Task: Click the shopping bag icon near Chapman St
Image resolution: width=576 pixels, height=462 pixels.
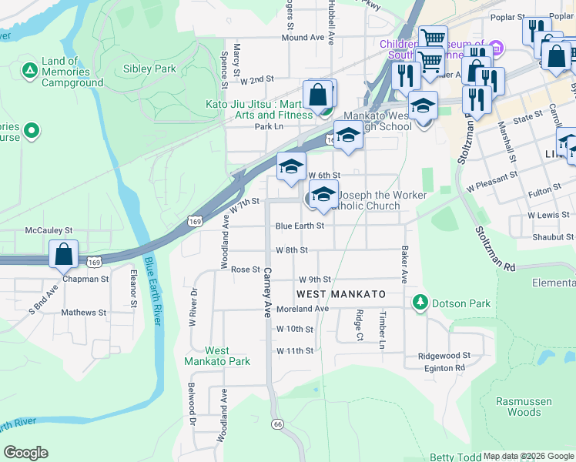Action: point(64,253)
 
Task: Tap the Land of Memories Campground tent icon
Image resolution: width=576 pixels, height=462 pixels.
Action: point(29,72)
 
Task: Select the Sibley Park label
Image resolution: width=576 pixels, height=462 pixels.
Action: point(149,69)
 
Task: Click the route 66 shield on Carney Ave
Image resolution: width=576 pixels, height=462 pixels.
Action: point(277,424)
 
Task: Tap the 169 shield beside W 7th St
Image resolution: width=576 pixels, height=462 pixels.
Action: point(195,222)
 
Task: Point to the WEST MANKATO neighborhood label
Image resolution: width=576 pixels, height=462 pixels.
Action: point(340,295)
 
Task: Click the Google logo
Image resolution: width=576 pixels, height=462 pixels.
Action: point(25,453)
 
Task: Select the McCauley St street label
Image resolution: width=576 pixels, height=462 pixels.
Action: point(49,230)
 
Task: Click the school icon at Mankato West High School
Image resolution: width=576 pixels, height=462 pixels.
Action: point(348,136)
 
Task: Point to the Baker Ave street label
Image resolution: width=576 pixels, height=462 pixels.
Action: point(404,263)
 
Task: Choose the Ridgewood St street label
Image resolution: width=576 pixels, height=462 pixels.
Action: point(444,356)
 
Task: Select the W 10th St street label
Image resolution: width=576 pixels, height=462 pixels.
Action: point(295,330)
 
